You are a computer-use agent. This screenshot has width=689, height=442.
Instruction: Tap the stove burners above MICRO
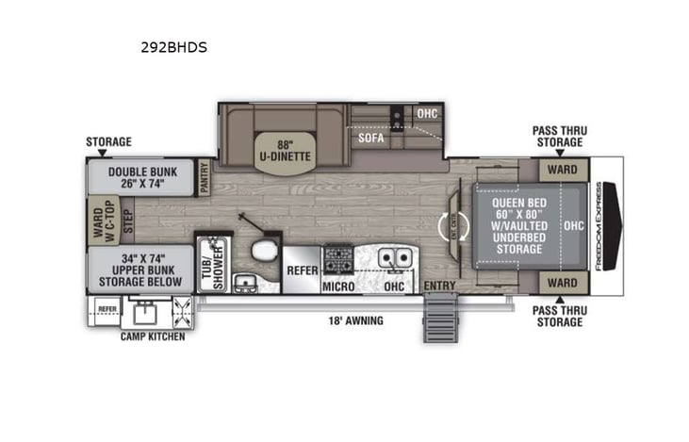338,256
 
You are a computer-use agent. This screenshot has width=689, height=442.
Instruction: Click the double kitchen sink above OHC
394,256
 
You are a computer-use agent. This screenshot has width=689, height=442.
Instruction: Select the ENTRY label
439,286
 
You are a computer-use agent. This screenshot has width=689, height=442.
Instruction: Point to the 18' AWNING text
356,320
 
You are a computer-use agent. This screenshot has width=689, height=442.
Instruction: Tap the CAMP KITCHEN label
152,336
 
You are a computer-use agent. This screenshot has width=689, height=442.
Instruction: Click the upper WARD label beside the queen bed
562,171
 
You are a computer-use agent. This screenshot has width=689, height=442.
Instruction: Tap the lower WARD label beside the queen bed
562,282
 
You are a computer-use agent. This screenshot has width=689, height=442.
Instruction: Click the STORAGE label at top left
108,142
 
